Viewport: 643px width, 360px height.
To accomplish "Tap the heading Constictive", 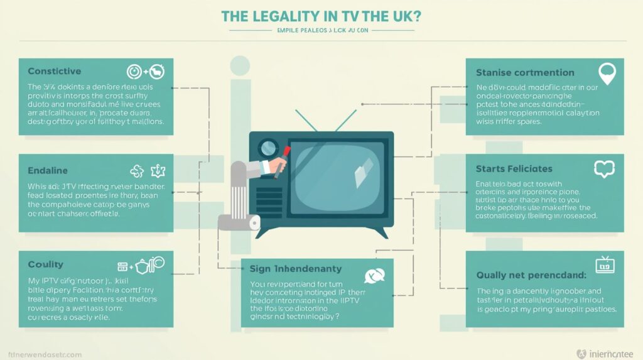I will (x=55, y=72).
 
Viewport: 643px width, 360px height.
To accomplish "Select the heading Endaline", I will (x=48, y=170).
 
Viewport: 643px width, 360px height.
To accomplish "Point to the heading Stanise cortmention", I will (x=526, y=72).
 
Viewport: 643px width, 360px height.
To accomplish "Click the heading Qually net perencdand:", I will (x=531, y=275).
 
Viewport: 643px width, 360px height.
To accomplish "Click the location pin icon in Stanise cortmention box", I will (x=606, y=73).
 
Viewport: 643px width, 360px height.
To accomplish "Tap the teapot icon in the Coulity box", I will (x=142, y=266).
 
